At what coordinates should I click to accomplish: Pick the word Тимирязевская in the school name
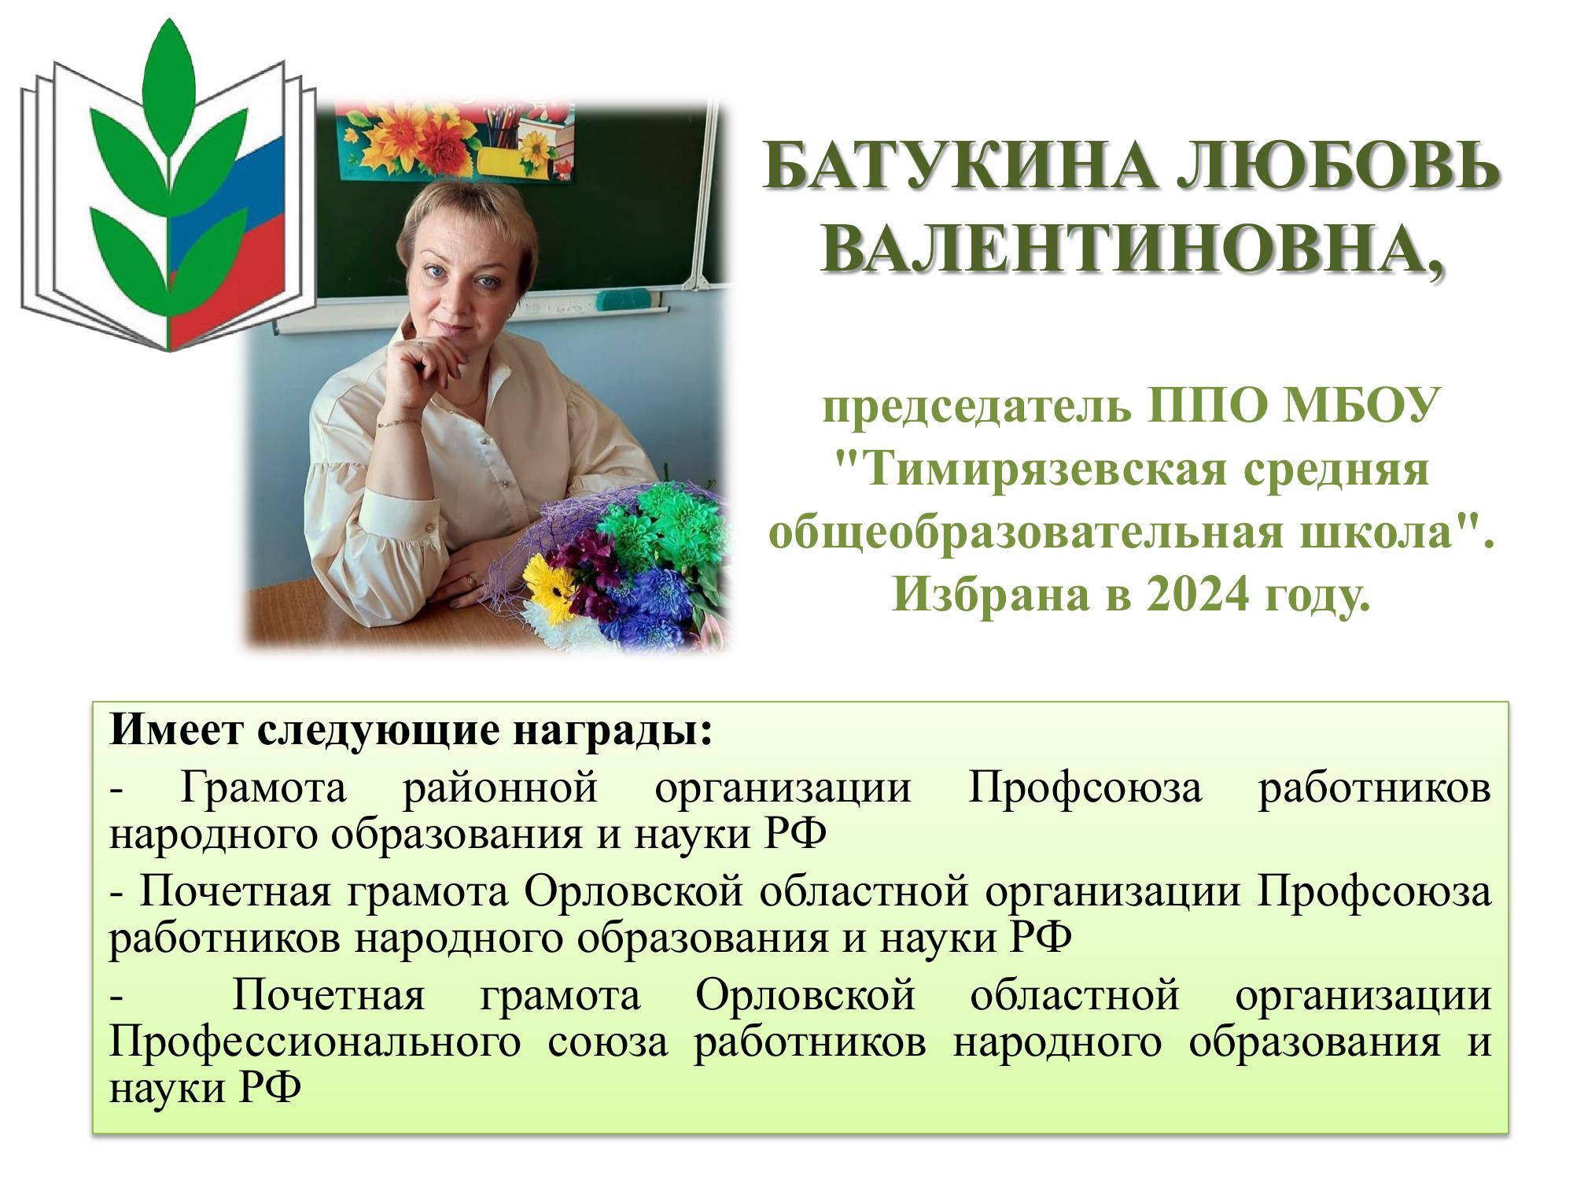point(1028,471)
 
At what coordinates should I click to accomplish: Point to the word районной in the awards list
point(500,787)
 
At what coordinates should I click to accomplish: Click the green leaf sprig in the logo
point(168,181)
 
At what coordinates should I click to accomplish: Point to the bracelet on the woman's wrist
point(398,423)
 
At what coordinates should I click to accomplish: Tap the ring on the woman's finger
point(472,580)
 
